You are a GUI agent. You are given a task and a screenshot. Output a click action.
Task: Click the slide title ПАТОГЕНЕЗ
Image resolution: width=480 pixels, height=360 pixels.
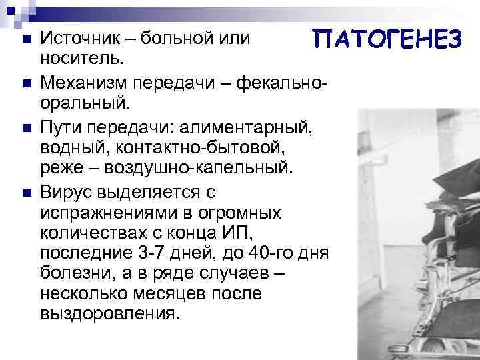(x=388, y=39)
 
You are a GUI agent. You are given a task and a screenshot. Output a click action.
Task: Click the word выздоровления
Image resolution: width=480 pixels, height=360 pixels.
(x=109, y=314)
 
